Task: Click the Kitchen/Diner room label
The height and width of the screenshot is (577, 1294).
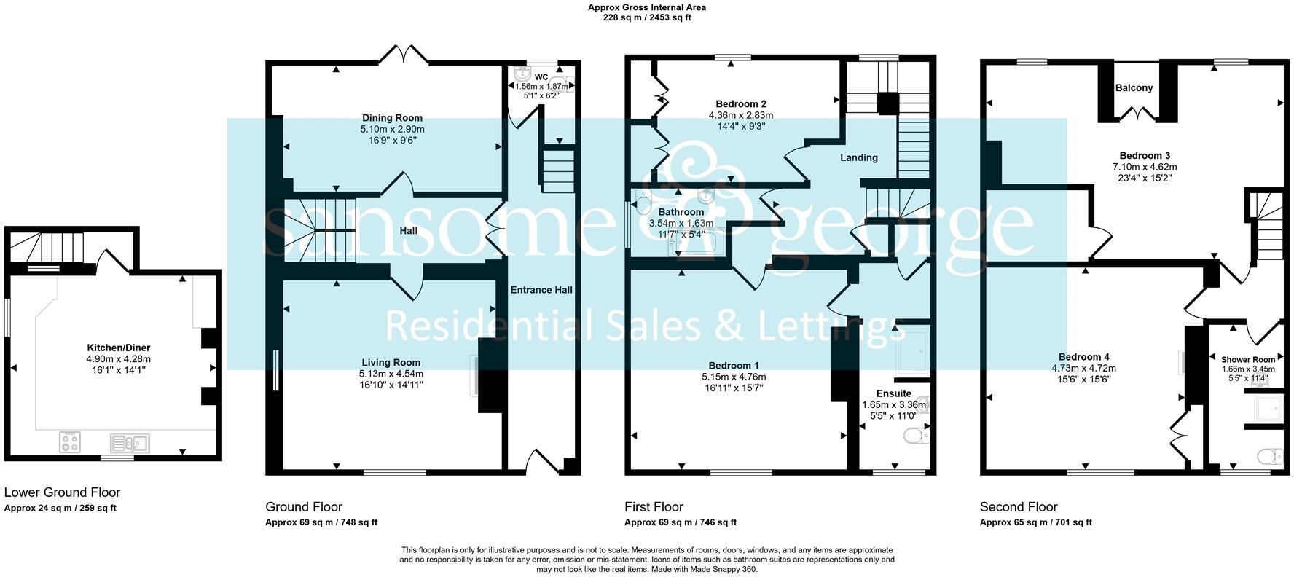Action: tap(118, 348)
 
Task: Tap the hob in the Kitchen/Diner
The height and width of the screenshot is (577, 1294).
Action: tap(71, 441)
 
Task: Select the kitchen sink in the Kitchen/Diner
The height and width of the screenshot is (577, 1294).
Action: tap(129, 442)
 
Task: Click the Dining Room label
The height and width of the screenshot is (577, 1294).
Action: tap(392, 117)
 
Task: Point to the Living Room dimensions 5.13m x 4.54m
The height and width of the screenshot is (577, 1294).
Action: tap(391, 374)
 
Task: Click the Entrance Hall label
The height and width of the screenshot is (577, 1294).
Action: tap(541, 289)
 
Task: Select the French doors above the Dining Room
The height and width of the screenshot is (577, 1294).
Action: tap(404, 52)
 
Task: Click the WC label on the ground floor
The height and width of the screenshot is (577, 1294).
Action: tap(541, 76)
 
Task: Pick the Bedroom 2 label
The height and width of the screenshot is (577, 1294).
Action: tap(740, 103)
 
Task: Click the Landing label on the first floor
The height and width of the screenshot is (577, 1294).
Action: tap(858, 157)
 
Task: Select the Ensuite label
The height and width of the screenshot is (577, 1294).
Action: tap(893, 393)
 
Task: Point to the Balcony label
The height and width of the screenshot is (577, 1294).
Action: tap(1134, 87)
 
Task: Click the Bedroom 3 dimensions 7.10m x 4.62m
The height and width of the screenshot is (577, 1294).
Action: tap(1144, 167)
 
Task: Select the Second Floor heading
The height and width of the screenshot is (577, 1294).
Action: tap(1018, 506)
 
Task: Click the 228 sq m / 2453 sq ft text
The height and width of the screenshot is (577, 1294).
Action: tap(646, 17)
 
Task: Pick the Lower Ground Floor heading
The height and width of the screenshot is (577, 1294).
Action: tap(62, 492)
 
